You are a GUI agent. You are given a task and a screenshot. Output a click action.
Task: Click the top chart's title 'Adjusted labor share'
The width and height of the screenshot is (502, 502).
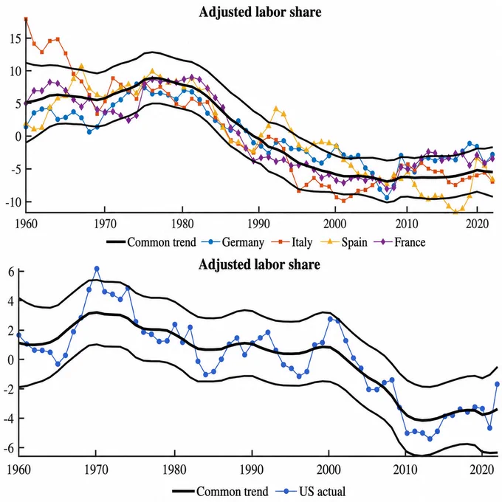click(260, 12)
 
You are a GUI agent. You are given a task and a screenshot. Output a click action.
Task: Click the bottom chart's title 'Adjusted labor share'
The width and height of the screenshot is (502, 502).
click(259, 264)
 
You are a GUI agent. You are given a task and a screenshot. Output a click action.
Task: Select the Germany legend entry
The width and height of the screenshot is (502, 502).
click(233, 242)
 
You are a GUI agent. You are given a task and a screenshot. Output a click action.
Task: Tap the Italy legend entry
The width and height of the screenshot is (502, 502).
click(292, 242)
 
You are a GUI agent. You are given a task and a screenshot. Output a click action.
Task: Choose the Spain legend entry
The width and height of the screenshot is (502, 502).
click(343, 242)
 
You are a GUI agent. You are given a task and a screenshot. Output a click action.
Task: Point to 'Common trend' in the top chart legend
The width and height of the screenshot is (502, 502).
click(151, 242)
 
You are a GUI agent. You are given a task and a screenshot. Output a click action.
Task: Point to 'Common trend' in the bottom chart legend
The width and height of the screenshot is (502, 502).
click(220, 491)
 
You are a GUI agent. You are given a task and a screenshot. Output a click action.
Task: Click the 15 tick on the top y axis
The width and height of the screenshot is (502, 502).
click(15, 39)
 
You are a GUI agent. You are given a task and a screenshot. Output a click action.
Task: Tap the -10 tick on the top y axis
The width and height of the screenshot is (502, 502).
click(13, 202)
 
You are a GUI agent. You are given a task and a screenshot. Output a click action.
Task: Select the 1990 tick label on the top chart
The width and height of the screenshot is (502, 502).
click(258, 224)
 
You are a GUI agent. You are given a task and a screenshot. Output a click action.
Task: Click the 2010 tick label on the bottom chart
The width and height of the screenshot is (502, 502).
click(405, 470)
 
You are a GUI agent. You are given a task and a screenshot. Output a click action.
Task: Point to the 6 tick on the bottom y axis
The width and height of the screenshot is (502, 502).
click(12, 272)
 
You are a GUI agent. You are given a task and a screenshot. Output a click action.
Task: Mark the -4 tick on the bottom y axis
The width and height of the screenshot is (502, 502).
click(10, 419)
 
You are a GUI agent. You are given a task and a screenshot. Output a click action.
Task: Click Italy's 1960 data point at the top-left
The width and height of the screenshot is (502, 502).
click(26, 19)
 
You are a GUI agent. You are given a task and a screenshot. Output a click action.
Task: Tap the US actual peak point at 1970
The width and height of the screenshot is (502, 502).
click(97, 269)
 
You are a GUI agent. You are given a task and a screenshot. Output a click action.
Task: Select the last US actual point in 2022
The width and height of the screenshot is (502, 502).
click(497, 384)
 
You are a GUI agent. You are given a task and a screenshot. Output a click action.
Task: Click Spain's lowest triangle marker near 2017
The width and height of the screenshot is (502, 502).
click(455, 212)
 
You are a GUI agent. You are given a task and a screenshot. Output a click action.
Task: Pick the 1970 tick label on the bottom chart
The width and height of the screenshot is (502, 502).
click(95, 470)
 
